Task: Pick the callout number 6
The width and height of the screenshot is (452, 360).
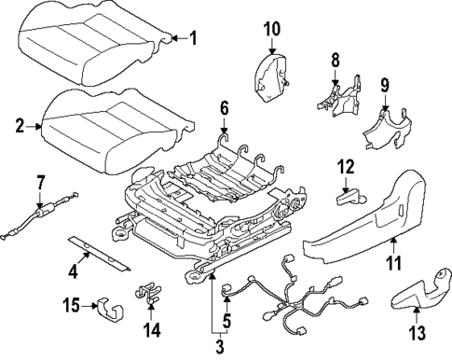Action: coord(223,109)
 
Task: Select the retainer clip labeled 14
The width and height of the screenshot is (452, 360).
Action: coord(145,292)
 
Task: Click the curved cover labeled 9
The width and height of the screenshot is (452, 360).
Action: coord(389,129)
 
